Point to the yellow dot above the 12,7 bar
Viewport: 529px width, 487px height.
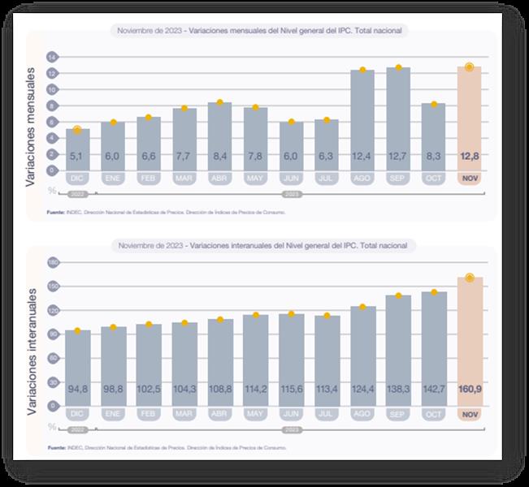point(398,67)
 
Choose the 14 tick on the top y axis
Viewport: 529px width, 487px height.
point(51,58)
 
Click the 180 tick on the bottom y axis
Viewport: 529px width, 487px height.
point(51,262)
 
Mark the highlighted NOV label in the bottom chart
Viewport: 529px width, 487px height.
point(469,415)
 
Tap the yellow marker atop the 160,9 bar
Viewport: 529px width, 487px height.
point(469,278)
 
